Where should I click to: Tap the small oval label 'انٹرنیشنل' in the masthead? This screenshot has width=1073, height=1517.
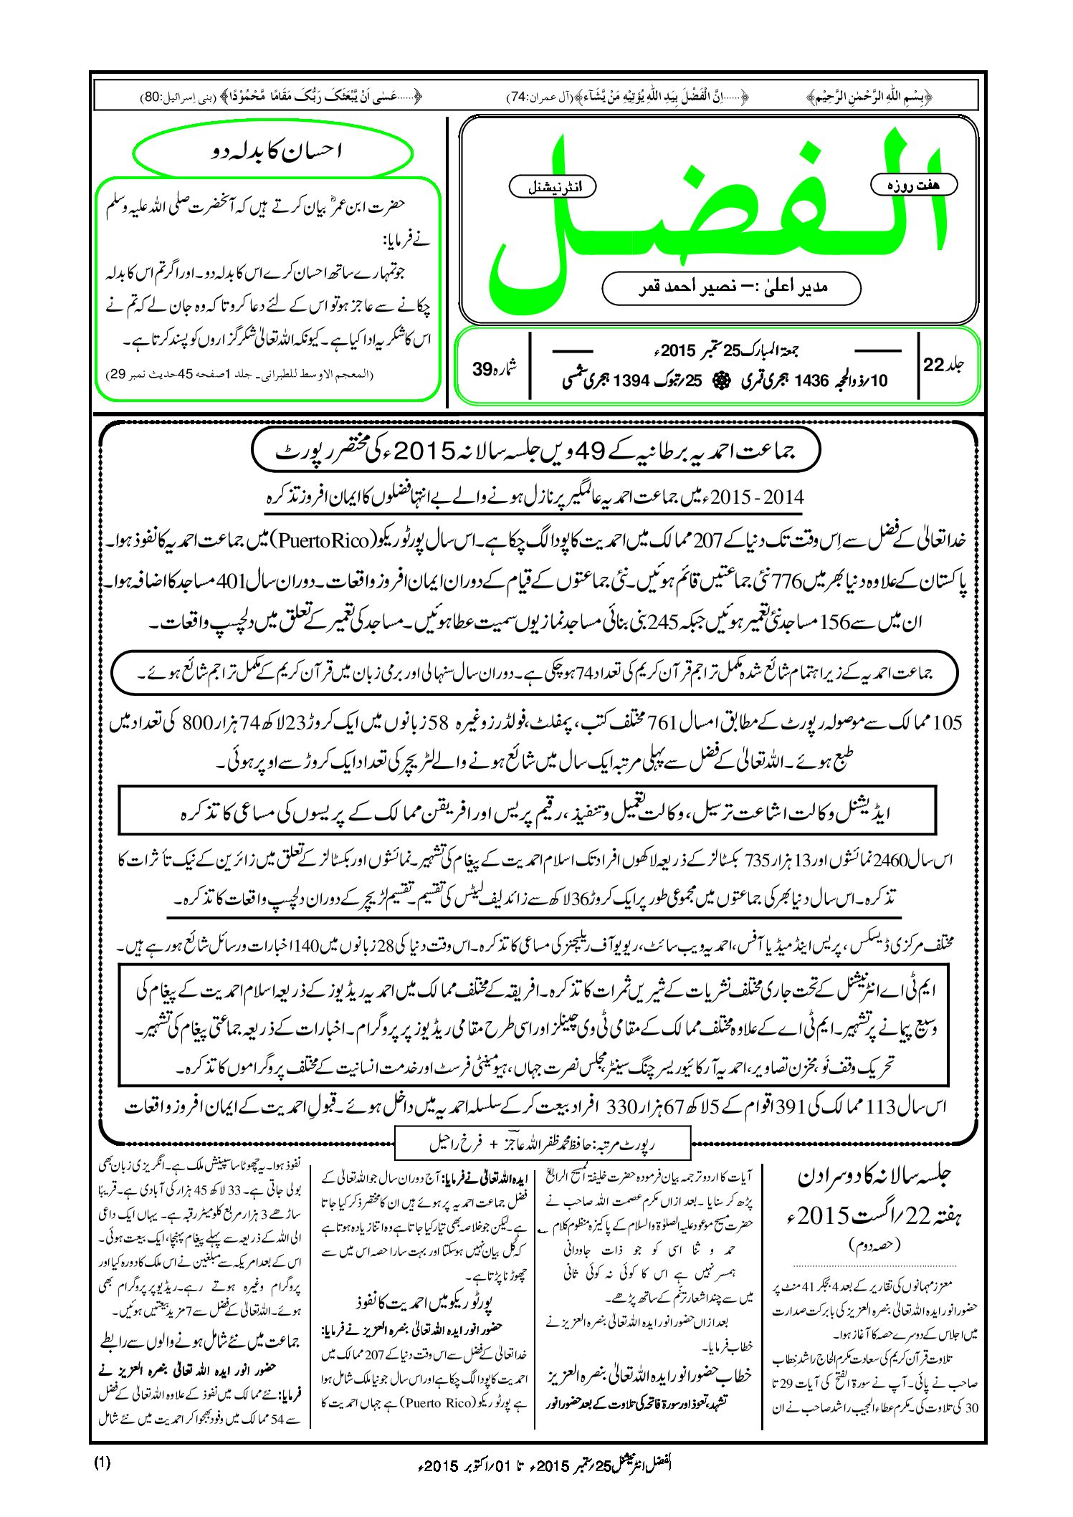click(552, 187)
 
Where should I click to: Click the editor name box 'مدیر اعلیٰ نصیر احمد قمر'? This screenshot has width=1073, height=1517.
click(731, 287)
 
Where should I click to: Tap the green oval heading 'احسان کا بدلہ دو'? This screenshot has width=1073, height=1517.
click(273, 151)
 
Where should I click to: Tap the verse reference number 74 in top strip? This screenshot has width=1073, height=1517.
click(518, 95)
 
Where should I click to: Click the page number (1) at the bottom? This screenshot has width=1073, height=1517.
click(102, 1463)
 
